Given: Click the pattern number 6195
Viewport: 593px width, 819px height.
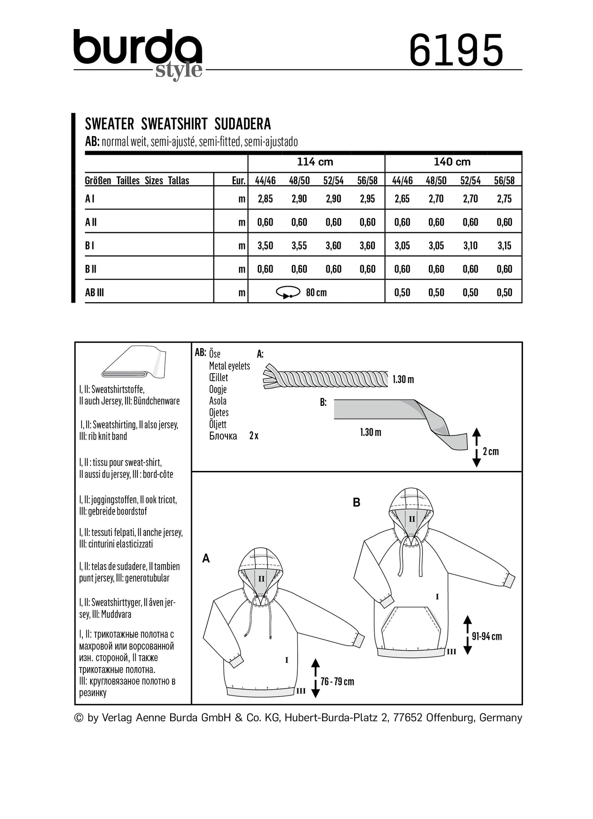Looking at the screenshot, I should pyautogui.click(x=456, y=50).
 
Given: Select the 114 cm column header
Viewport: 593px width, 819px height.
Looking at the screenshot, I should pyautogui.click(x=315, y=162).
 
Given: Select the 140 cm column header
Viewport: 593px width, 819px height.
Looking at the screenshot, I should pyautogui.click(x=452, y=162).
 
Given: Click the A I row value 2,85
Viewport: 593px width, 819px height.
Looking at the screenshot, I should pyautogui.click(x=265, y=199).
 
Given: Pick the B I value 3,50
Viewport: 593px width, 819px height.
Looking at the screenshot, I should pyautogui.click(x=265, y=246).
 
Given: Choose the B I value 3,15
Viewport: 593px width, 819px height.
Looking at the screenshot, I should pyautogui.click(x=504, y=246).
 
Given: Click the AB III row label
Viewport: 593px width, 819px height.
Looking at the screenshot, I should pyautogui.click(x=95, y=293).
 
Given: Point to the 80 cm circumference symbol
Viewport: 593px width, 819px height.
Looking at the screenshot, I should pyautogui.click(x=288, y=293).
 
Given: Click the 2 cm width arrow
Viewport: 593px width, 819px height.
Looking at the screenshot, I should pyautogui.click(x=476, y=447).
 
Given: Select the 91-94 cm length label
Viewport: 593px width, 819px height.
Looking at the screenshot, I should pyautogui.click(x=487, y=636).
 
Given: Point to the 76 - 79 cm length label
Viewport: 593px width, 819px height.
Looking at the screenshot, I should pyautogui.click(x=337, y=682).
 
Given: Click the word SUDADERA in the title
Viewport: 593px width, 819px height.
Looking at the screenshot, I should pyautogui.click(x=242, y=124).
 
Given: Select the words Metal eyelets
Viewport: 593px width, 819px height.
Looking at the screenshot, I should pyautogui.click(x=229, y=366).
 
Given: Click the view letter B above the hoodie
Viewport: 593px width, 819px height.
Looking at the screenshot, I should pyautogui.click(x=357, y=502).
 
